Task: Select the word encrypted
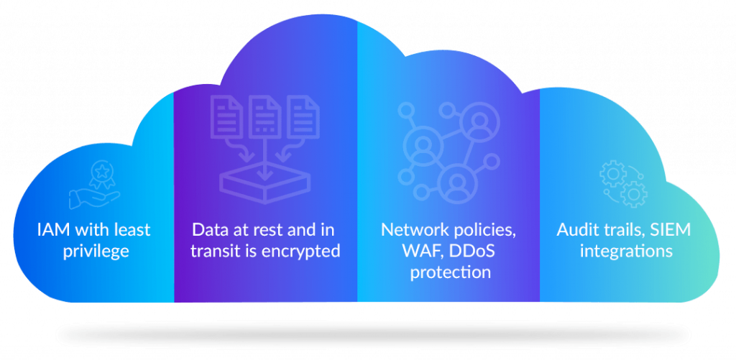point(303,251)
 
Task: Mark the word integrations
point(626,251)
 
